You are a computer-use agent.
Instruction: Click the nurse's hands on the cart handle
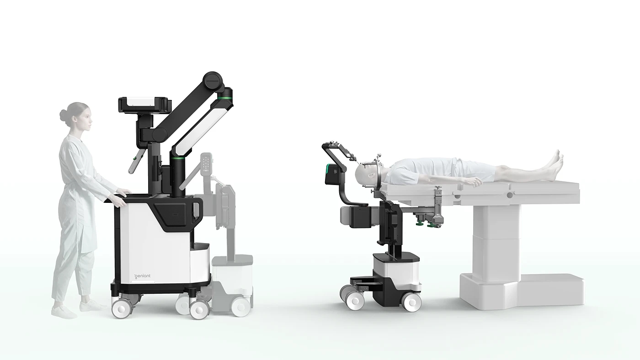point(122,194)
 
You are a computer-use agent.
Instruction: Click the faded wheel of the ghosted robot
point(240,306)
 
